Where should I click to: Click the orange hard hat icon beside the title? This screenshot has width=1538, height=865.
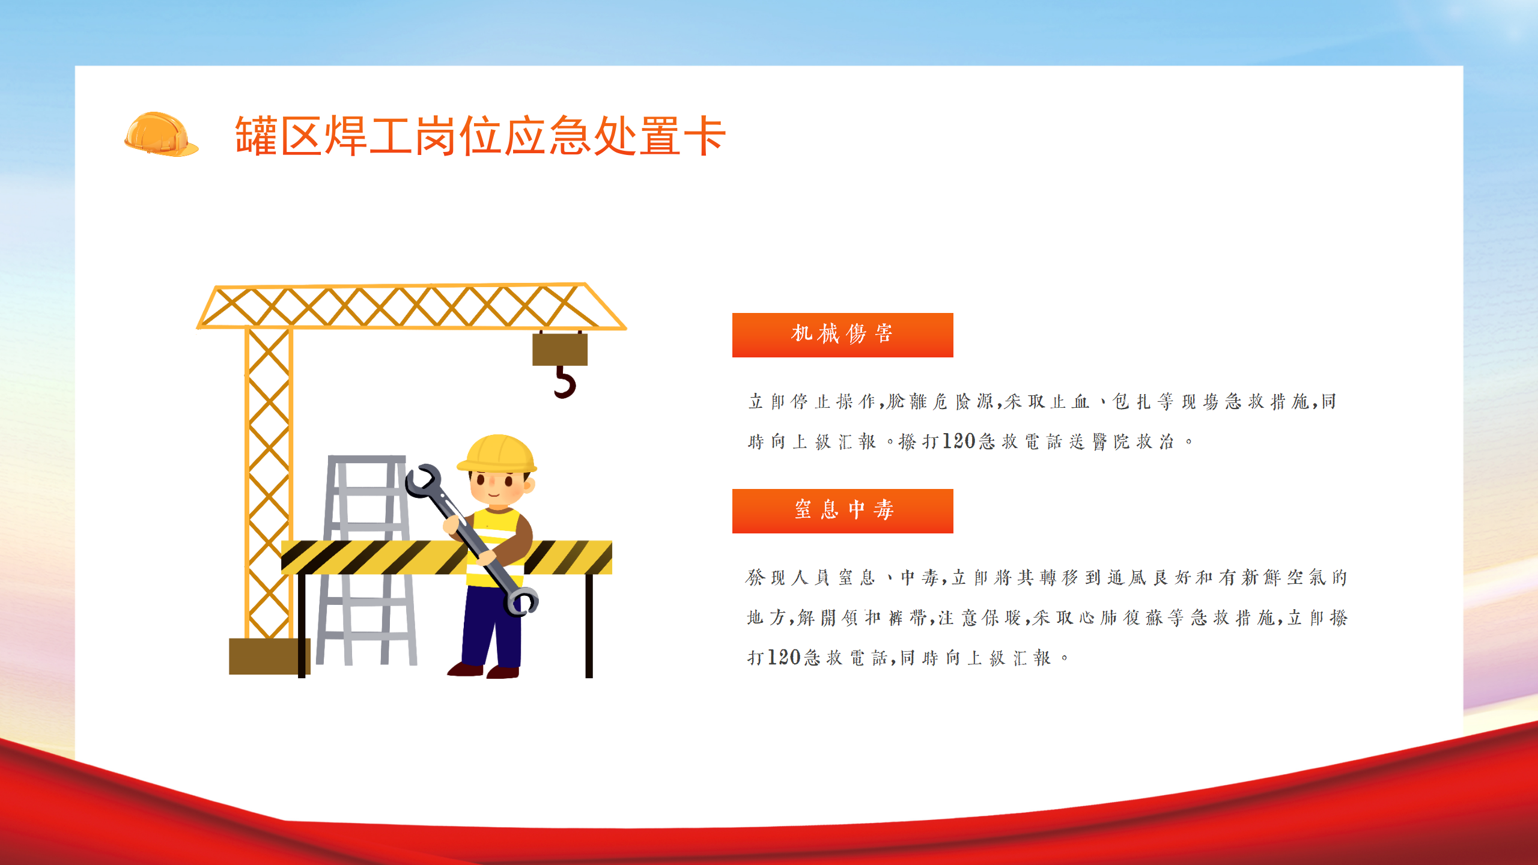pos(160,135)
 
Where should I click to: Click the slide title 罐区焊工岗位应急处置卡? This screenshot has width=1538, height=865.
pos(481,136)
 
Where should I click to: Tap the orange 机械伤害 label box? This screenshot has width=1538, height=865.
pos(842,335)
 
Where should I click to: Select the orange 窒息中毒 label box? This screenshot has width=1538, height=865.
pos(842,511)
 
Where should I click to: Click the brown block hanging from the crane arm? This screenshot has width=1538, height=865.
pos(560,349)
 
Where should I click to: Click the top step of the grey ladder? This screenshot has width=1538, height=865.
pos(366,460)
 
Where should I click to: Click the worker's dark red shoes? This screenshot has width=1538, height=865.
pos(484,670)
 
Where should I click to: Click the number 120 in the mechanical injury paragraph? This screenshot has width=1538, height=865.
pos(958,442)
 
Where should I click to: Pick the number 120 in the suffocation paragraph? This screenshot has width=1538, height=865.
pos(784,658)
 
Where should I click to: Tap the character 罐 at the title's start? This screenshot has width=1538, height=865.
pos(256,136)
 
